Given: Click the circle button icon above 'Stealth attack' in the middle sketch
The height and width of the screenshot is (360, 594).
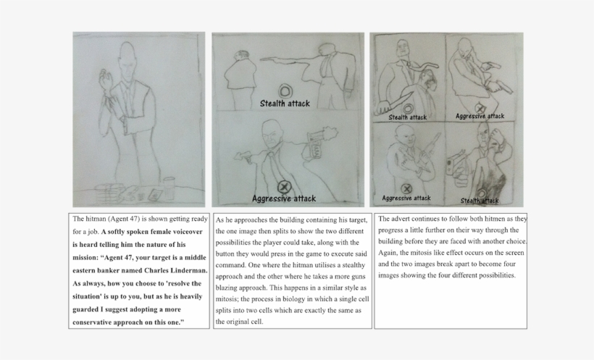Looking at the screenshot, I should pyautogui.click(x=286, y=91).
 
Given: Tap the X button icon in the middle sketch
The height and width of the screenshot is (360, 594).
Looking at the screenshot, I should pyautogui.click(x=284, y=187).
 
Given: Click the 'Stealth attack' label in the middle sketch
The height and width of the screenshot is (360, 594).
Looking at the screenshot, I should pyautogui.click(x=285, y=104).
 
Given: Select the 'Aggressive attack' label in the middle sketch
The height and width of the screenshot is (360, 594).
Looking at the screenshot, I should pyautogui.click(x=284, y=198).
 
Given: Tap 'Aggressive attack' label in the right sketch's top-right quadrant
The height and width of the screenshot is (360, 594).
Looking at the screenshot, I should pyautogui.click(x=480, y=116).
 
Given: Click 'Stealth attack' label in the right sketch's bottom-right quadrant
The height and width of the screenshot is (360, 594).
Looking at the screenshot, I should pyautogui.click(x=480, y=201).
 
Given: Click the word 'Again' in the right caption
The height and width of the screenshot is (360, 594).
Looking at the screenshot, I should pyautogui.click(x=391, y=253).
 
